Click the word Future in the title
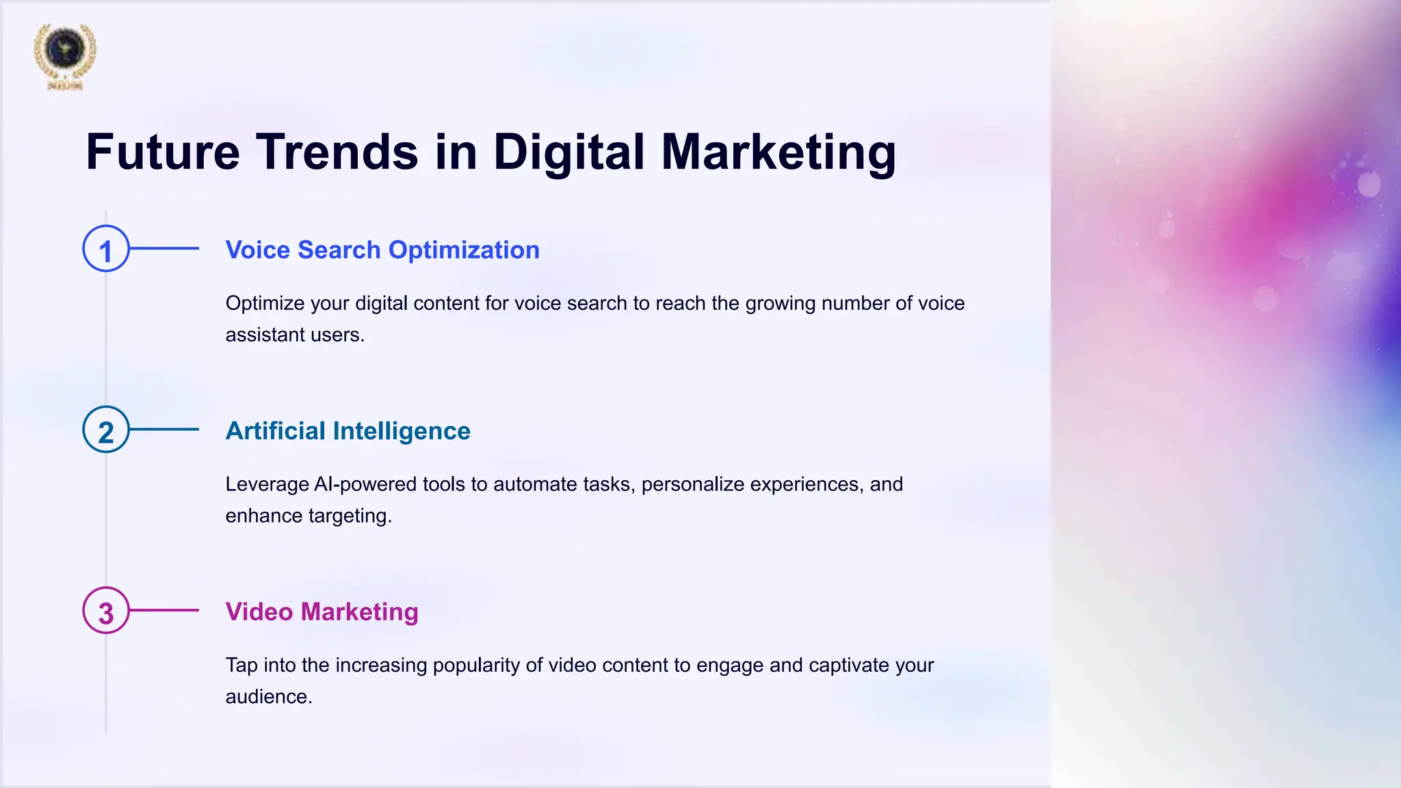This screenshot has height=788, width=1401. coord(163,152)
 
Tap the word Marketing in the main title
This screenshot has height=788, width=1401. coord(778,152)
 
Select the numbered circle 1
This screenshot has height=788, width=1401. coord(106,249)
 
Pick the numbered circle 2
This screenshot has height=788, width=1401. coord(106,430)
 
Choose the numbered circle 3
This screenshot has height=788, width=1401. coord(106,610)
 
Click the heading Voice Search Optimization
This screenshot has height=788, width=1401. coord(382,250)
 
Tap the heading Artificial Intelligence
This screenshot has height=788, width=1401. coord(348,431)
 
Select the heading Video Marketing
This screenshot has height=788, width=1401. coord(322,612)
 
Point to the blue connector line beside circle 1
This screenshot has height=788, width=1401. coord(164,248)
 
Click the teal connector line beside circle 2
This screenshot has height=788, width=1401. coord(164,430)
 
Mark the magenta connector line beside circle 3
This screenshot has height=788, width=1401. coord(164,610)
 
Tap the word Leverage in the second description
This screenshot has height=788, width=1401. coord(267,484)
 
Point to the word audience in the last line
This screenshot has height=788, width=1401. coord(268,696)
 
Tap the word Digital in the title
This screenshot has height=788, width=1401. coord(568,152)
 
